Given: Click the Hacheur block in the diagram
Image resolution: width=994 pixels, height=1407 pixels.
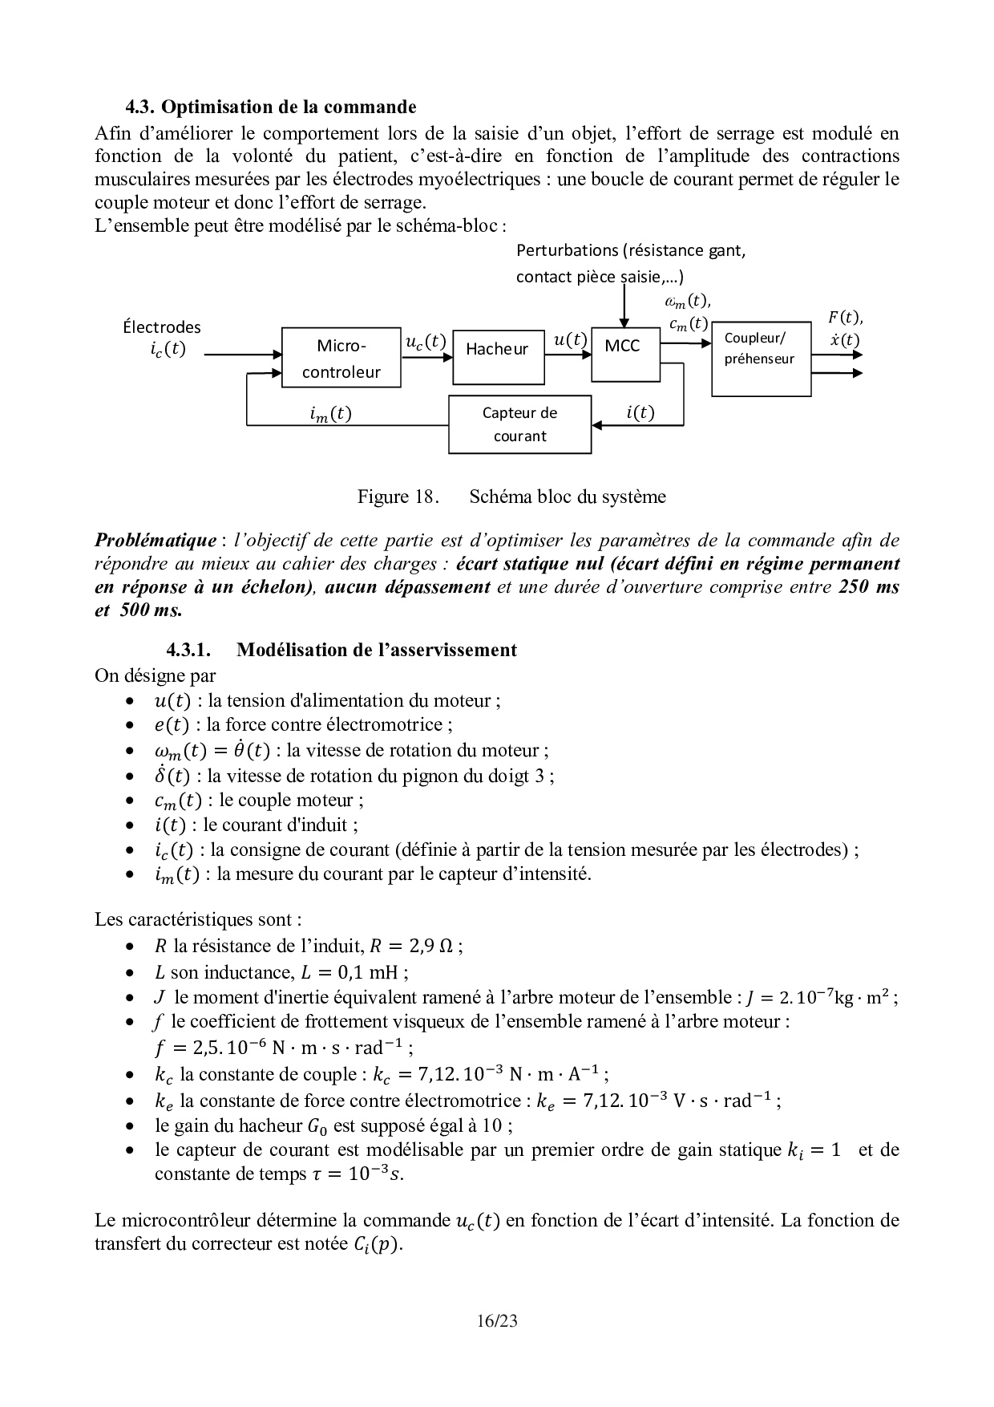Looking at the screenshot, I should [x=498, y=357].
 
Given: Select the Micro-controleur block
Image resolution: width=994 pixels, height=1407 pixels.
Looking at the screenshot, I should [x=341, y=358].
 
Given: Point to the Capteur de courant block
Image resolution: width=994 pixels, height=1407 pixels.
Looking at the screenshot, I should [x=519, y=424].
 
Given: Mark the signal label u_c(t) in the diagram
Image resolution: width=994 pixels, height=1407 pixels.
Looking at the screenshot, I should [x=426, y=342].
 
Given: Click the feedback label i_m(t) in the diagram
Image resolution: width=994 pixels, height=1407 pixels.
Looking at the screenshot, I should [x=330, y=414].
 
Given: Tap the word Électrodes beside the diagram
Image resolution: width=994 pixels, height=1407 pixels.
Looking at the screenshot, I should [x=162, y=327].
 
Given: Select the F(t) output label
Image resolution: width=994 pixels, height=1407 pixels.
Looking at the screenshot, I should [x=845, y=318].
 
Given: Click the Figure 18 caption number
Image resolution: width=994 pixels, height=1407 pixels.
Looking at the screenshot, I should [x=396, y=497].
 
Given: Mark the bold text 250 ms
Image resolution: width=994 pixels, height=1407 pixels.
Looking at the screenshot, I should [x=869, y=586].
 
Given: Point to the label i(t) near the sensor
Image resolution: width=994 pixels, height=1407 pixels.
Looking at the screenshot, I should [x=640, y=413].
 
